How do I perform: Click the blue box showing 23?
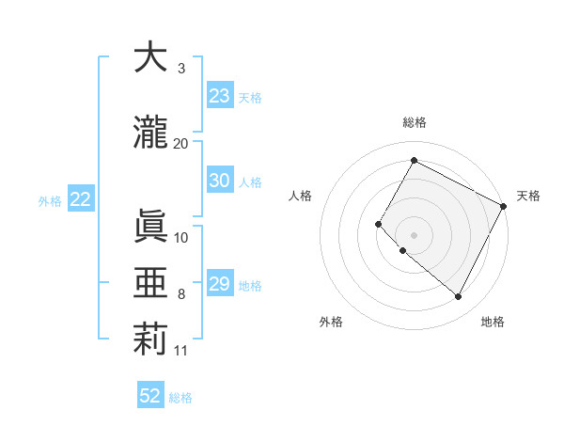tap(220, 96)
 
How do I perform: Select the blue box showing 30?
tap(220, 181)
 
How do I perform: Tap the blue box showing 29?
tap(220, 284)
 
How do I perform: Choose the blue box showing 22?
tap(80, 199)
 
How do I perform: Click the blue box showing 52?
tap(150, 396)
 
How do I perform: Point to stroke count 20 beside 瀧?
tap(181, 143)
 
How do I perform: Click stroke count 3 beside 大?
tap(181, 69)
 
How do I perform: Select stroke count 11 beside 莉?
tap(181, 351)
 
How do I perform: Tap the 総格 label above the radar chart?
tap(414, 122)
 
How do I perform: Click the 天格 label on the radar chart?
tap(528, 196)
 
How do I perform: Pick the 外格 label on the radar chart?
tap(331, 322)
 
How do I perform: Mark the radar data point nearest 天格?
tap(504, 205)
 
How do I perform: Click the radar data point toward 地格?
tap(459, 297)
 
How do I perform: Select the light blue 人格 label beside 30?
tap(250, 182)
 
